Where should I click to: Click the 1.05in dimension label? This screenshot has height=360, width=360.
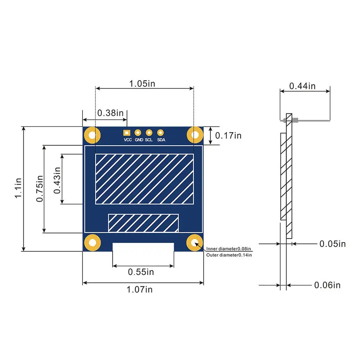click(142, 84)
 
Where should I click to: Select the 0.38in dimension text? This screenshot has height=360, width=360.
click(110, 113)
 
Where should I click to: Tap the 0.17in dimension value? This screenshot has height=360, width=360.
click(228, 135)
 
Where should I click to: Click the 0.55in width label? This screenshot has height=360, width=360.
click(141, 272)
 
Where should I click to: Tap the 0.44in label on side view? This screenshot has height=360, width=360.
click(302, 86)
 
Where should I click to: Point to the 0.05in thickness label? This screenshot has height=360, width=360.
click(332, 244)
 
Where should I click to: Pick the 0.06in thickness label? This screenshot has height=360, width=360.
click(327, 285)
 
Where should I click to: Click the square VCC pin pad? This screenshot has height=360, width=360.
click(126, 132)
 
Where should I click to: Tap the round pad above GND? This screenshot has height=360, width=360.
click(138, 132)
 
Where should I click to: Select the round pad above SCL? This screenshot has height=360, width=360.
click(149, 132)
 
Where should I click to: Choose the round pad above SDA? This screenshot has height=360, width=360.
click(161, 132)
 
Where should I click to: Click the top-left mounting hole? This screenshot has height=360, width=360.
click(92, 135)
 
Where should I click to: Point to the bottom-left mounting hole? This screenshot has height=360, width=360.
click(92, 242)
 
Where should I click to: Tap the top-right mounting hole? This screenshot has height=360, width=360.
click(195, 135)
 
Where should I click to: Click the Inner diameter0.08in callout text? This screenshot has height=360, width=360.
click(229, 249)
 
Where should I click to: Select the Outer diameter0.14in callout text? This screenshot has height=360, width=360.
click(229, 255)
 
